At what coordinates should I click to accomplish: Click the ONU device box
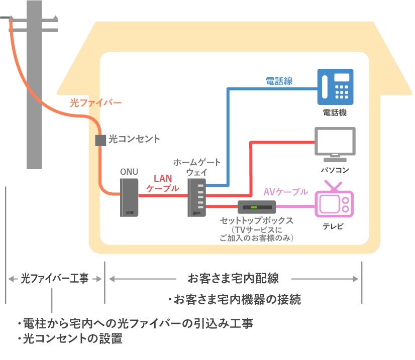tap(129, 198)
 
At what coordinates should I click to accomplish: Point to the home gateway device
tap(197, 198)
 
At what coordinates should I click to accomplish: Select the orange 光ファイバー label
tap(95, 103)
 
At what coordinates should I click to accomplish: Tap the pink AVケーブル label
tap(285, 192)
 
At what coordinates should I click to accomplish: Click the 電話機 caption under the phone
tap(335, 113)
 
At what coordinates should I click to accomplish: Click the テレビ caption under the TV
tap(334, 227)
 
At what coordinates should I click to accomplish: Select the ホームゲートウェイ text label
tap(196, 167)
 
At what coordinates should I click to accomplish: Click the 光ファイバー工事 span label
tap(54, 278)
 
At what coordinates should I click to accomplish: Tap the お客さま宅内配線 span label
tap(233, 278)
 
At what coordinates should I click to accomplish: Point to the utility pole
tap(34, 85)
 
